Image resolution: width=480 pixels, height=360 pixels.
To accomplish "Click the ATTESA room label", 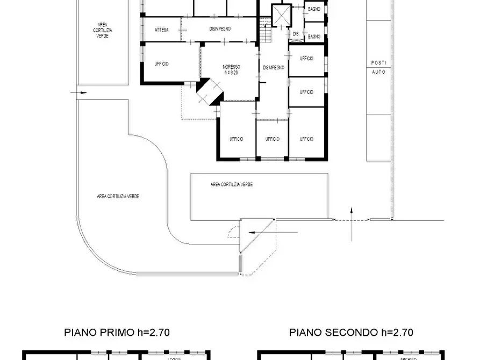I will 161,30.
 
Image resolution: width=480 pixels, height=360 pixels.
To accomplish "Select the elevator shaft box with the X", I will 281,15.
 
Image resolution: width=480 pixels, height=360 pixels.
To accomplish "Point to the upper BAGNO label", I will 314,9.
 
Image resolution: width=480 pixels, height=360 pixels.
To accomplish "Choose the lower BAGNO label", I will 314,37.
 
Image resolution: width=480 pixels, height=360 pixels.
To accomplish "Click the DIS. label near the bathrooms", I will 296,34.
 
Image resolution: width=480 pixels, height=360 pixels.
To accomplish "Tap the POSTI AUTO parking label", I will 378,67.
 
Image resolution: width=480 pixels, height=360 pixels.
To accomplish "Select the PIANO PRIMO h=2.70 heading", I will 117,333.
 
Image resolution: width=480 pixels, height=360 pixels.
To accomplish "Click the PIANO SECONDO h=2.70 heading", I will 351,333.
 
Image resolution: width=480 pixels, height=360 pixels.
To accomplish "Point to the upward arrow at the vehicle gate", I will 351,222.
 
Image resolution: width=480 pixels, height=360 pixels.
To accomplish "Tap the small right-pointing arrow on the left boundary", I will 82,93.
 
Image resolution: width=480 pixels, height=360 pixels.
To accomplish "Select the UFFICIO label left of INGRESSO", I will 161,63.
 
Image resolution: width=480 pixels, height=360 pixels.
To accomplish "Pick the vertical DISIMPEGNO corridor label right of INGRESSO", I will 273,67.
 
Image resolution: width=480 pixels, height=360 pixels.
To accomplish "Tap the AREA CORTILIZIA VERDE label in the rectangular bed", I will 232,184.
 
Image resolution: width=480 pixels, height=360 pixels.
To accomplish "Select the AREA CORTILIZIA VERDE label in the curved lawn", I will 118,197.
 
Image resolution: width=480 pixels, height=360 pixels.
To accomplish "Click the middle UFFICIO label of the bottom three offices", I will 272,139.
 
